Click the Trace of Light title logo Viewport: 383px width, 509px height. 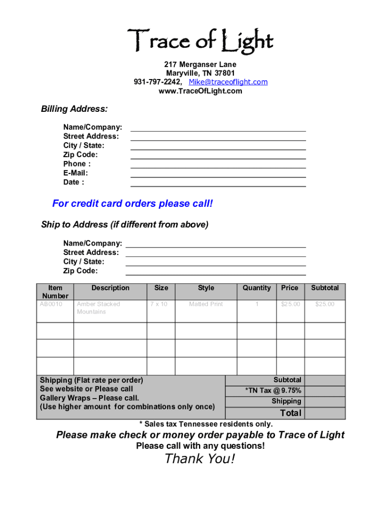200,41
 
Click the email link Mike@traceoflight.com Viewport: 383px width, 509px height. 228,82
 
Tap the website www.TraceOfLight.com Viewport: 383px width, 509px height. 200,91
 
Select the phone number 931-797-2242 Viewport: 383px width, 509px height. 157,82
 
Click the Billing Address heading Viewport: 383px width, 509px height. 74,109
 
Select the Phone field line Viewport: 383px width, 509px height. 218,167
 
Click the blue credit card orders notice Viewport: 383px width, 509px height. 132,204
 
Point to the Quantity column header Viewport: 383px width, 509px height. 257,288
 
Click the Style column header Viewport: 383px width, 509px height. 206,288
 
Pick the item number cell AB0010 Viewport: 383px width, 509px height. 51,304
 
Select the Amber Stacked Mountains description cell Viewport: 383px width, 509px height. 98,308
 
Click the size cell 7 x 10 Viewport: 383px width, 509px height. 159,304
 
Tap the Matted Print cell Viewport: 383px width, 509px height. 206,304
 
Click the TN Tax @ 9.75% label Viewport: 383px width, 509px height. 273,391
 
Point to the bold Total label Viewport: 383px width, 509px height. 290,413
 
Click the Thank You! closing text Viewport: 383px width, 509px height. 199,459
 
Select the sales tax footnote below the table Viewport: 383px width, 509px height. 206,424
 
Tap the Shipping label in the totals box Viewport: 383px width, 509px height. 286,401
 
